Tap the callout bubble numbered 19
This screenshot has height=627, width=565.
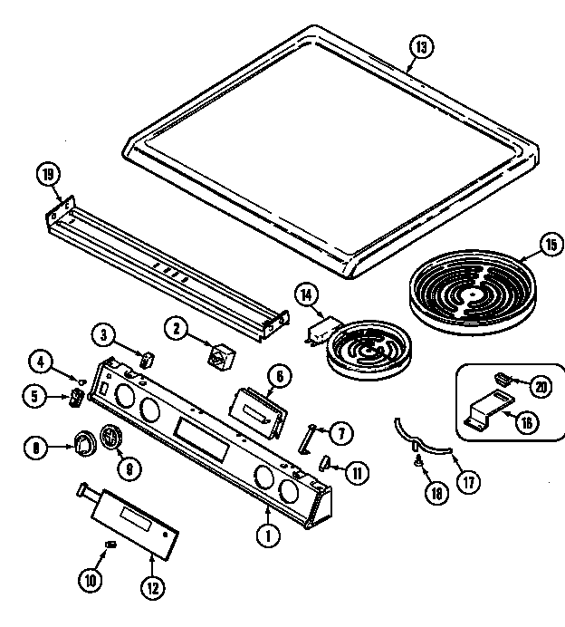(x=48, y=174)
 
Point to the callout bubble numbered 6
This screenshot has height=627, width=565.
(x=278, y=374)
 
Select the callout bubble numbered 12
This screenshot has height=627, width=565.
(x=153, y=587)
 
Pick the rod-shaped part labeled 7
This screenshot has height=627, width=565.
(x=308, y=438)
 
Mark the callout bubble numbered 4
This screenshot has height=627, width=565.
(x=40, y=362)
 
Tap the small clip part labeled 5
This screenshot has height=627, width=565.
(x=76, y=397)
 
